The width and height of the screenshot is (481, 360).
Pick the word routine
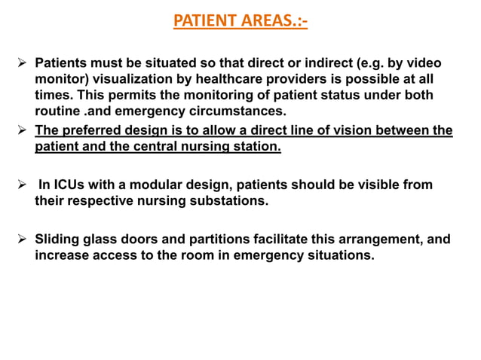(57, 112)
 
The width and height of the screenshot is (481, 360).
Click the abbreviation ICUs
(73, 185)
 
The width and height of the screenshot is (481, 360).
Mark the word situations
(339, 256)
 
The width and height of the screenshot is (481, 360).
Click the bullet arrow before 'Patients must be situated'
(21, 63)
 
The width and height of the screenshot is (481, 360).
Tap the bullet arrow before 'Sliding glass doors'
(21, 239)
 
